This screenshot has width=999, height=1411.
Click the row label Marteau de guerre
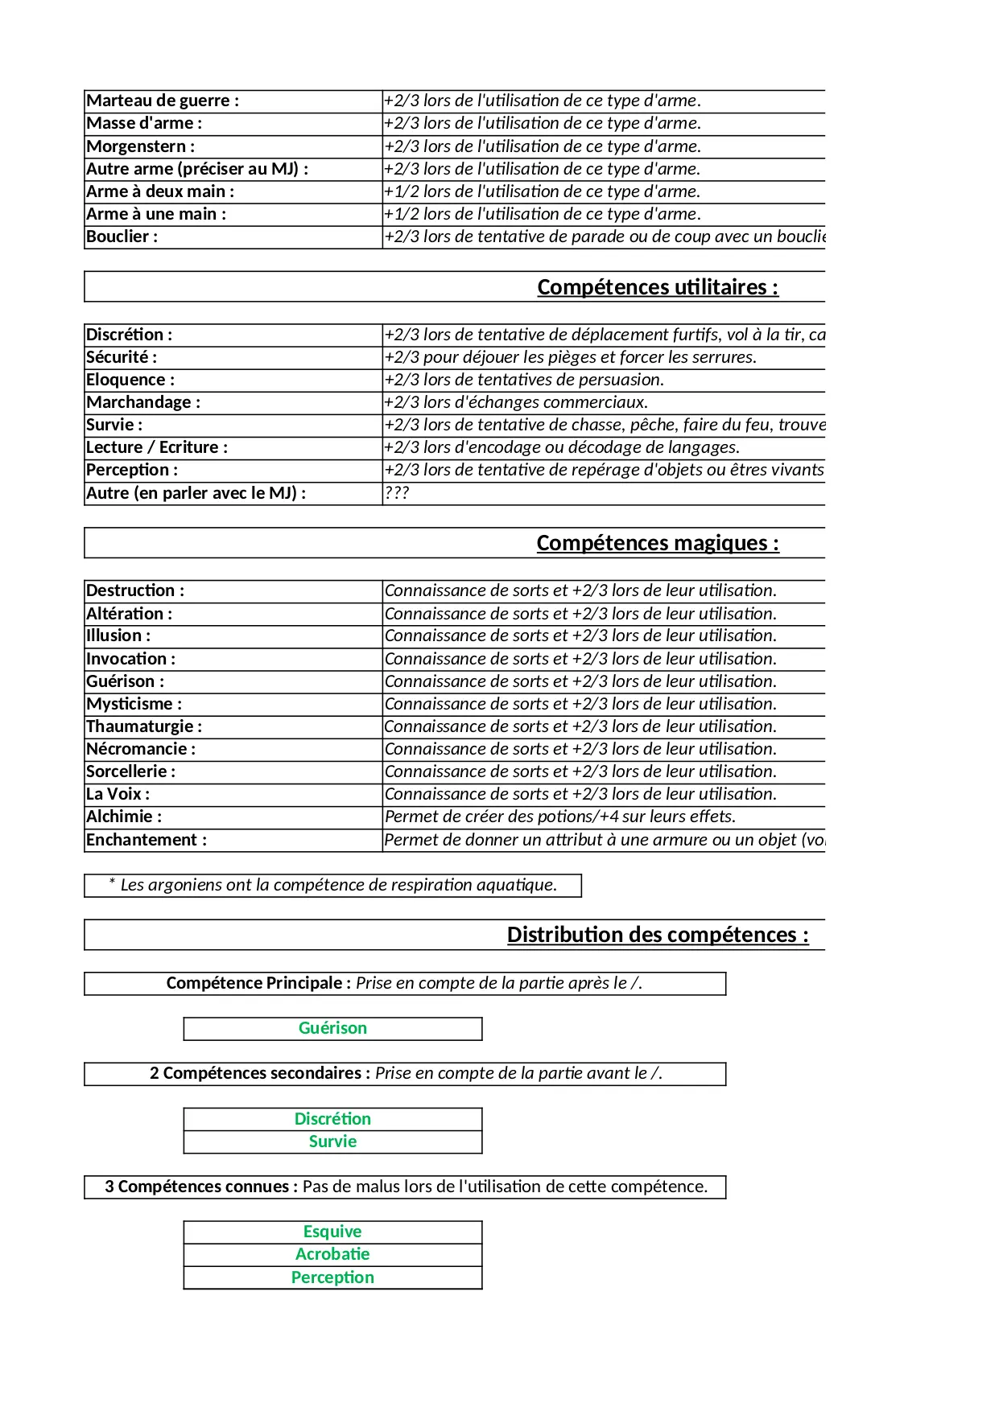[x=163, y=101]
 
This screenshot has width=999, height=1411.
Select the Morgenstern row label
[x=141, y=146]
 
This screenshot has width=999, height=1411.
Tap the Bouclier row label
[x=122, y=237]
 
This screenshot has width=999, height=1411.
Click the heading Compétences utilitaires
[x=658, y=287]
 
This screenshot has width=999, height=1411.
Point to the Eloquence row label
[x=130, y=380]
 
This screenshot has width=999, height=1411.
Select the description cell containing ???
[x=397, y=493]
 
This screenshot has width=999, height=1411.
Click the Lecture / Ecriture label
[x=157, y=447]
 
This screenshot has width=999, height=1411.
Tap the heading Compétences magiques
[x=658, y=543]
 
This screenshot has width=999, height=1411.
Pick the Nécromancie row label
[x=141, y=749]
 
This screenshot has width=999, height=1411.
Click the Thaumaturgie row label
[x=144, y=726]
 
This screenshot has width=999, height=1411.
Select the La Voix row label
[x=118, y=794]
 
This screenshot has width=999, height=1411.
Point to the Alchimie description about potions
[x=560, y=817]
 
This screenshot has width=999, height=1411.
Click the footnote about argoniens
[x=332, y=885]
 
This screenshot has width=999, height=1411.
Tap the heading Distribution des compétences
[x=658, y=935]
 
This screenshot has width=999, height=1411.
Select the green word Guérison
[x=332, y=1028]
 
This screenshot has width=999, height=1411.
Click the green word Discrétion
[x=332, y=1119]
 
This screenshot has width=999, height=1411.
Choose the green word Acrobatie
[x=332, y=1254]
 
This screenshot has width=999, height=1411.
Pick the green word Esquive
[x=332, y=1232]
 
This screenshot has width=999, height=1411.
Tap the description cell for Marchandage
[x=516, y=402]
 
